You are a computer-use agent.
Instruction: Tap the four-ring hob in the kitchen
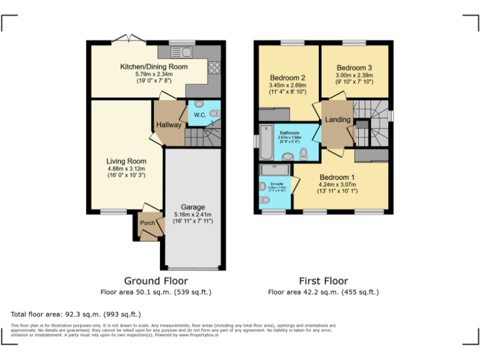click(x=215, y=67)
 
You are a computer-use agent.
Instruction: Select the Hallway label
click(x=169, y=125)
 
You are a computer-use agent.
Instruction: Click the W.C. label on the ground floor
click(x=200, y=115)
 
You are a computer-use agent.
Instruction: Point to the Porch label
click(x=147, y=223)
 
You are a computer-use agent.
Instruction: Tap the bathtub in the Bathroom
click(x=265, y=143)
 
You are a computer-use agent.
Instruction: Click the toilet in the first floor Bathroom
click(x=304, y=153)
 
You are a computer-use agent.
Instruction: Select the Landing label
click(x=338, y=119)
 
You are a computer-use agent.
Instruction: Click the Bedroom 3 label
click(x=354, y=67)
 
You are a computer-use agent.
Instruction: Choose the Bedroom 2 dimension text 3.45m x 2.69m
click(x=287, y=85)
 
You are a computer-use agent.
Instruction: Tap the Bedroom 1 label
click(x=337, y=177)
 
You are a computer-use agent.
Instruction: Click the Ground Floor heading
click(x=156, y=281)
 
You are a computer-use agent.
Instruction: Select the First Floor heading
click(x=323, y=281)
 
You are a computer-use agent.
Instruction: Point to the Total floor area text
click(x=76, y=314)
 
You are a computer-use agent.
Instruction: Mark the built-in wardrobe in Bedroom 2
click(x=274, y=114)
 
